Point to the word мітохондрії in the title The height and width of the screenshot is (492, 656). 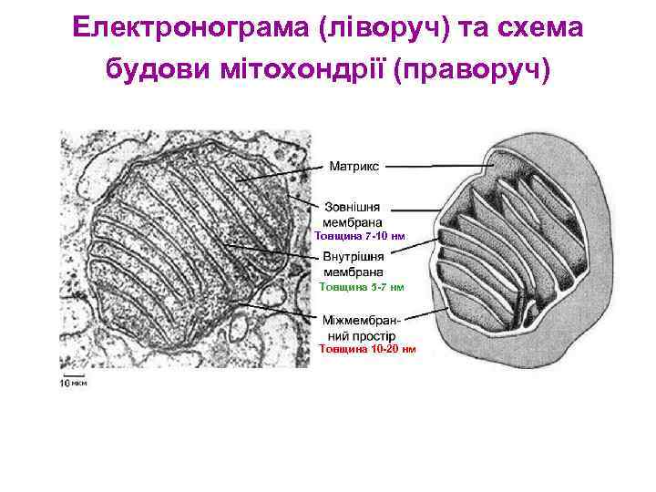click(x=300, y=69)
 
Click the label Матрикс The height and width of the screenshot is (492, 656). click(x=354, y=167)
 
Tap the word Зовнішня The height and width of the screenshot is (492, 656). click(x=354, y=207)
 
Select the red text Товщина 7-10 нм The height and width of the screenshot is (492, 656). click(x=359, y=236)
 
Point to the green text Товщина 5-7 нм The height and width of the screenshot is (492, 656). click(x=361, y=287)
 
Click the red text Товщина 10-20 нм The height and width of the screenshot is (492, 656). click(x=367, y=348)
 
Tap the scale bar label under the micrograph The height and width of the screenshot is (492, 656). click(x=74, y=383)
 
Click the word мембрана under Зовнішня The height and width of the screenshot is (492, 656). click(x=354, y=221)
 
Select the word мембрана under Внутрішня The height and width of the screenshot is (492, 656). click(x=354, y=272)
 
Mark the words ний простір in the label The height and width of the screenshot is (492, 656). click(x=361, y=335)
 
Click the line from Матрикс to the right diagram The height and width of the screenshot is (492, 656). click(x=442, y=166)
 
